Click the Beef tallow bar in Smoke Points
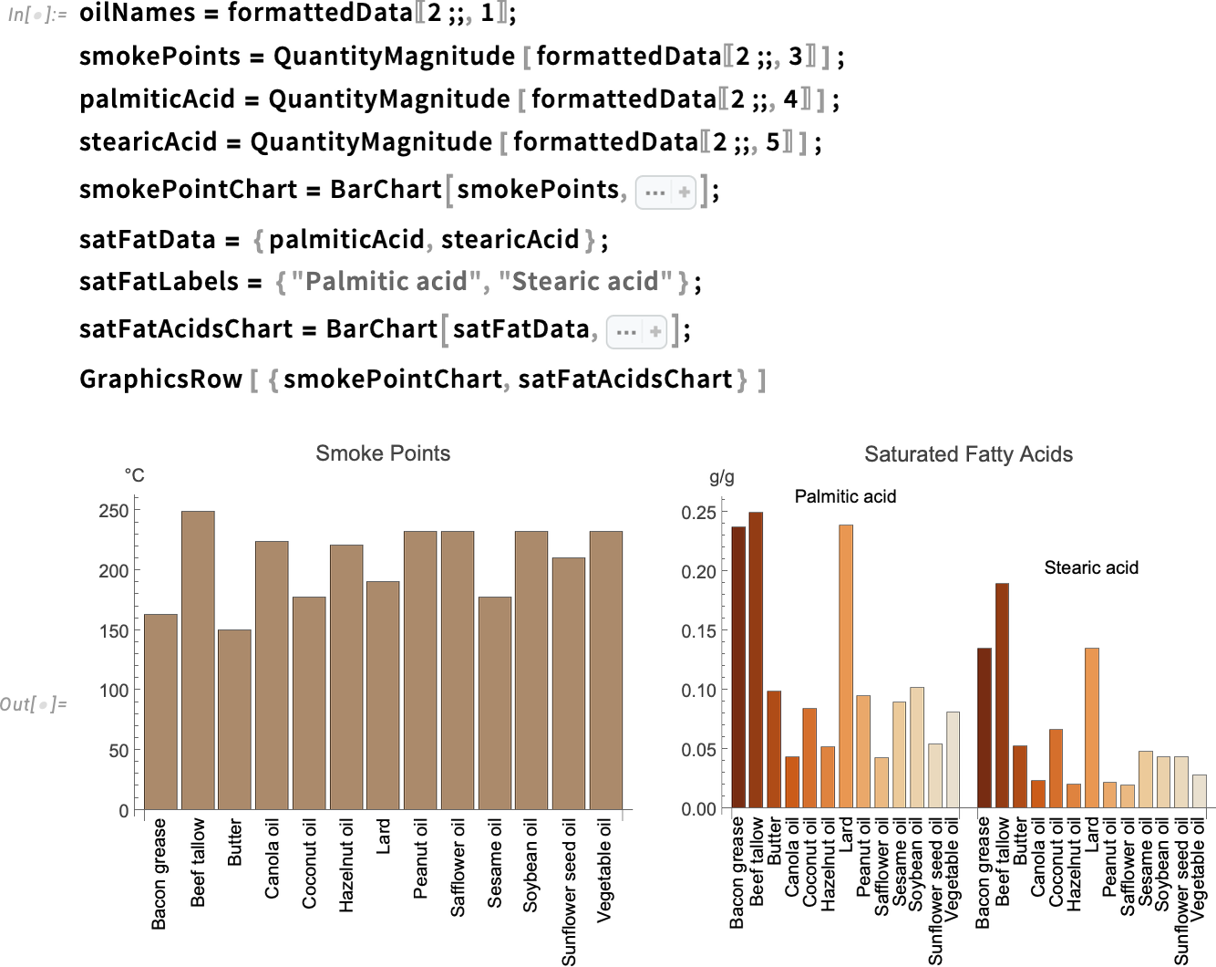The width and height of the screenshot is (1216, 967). [x=198, y=660]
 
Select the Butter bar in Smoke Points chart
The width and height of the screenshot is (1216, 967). [x=234, y=719]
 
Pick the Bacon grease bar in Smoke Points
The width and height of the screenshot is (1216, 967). [x=160, y=712]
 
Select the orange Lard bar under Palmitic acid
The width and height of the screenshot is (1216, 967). [x=846, y=666]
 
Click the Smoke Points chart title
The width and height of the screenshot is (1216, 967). [x=383, y=453]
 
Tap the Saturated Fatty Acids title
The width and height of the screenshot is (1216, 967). [x=968, y=454]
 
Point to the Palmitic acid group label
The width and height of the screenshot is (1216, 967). [x=845, y=496]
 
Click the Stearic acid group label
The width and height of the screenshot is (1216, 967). [x=1091, y=567]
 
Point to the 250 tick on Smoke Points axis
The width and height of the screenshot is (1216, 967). [x=114, y=511]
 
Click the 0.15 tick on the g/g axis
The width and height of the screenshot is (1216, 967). [x=698, y=630]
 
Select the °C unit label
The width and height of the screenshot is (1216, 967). [x=134, y=475]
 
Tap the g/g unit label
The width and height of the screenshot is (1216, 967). [x=721, y=476]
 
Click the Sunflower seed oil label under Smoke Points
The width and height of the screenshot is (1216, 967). [x=569, y=890]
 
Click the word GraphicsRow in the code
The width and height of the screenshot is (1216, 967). [x=160, y=379]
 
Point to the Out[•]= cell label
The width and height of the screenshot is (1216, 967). [x=34, y=703]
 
